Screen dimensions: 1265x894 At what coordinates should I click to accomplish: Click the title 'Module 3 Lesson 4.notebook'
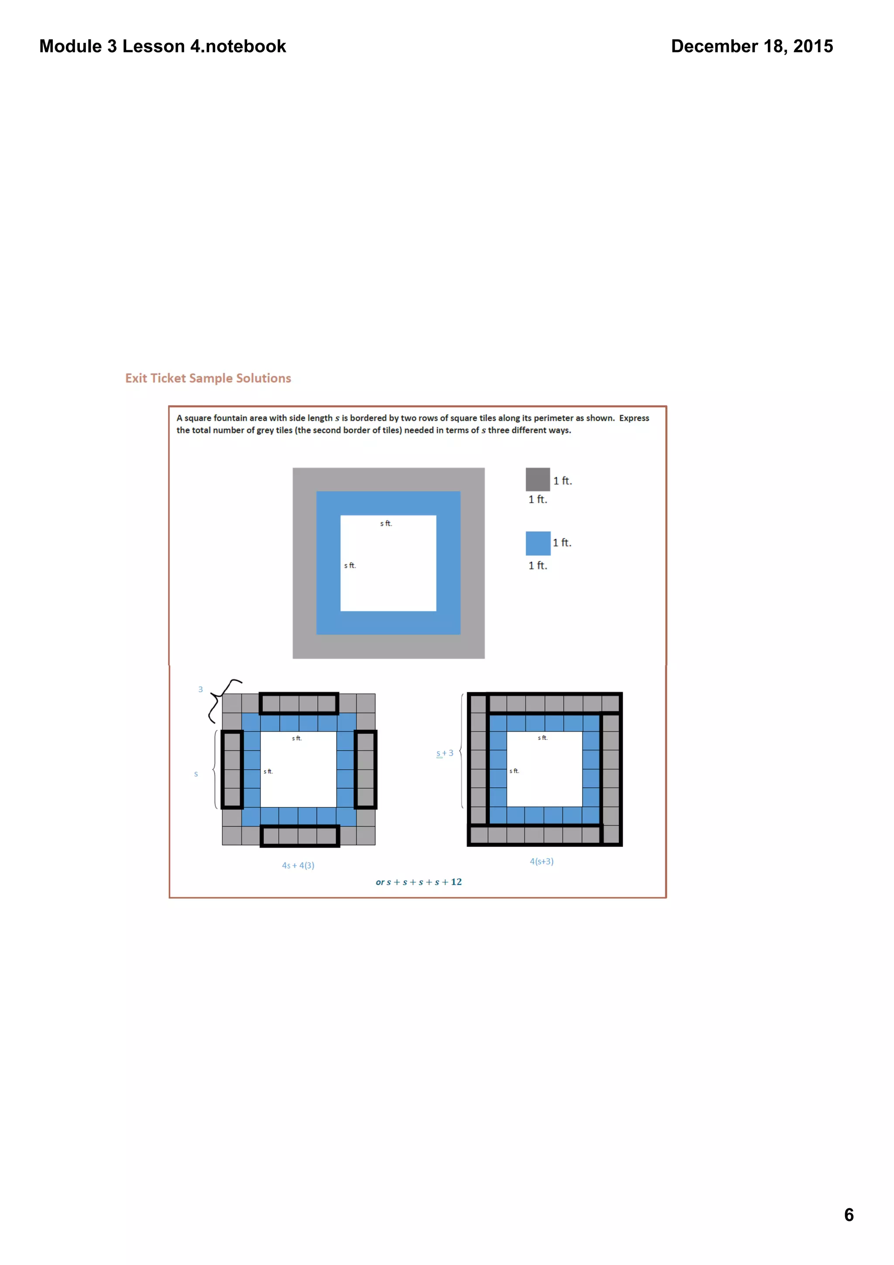(162, 46)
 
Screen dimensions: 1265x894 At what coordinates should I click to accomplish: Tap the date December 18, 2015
(751, 46)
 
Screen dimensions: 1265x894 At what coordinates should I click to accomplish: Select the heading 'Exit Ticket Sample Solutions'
(208, 378)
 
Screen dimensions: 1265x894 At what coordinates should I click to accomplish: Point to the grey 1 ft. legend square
(537, 479)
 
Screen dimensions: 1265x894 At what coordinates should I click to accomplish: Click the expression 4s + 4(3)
(298, 865)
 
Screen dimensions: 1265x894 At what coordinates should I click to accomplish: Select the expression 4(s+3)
(541, 861)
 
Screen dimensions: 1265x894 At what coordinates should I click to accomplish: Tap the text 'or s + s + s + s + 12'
(419, 882)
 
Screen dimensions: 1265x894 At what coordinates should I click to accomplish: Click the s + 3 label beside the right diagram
(444, 753)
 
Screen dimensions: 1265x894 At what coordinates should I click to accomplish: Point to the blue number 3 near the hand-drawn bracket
(200, 689)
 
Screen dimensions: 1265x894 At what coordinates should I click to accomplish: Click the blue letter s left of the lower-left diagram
(196, 774)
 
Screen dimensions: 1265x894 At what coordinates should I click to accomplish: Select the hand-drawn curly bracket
(220, 700)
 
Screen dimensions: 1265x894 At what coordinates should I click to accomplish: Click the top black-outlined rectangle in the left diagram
(299, 703)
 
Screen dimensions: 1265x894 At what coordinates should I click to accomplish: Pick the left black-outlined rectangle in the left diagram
(232, 769)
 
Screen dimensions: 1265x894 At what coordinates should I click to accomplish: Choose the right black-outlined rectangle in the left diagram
(365, 769)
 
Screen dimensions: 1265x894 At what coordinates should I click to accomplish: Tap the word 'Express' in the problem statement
(633, 418)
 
